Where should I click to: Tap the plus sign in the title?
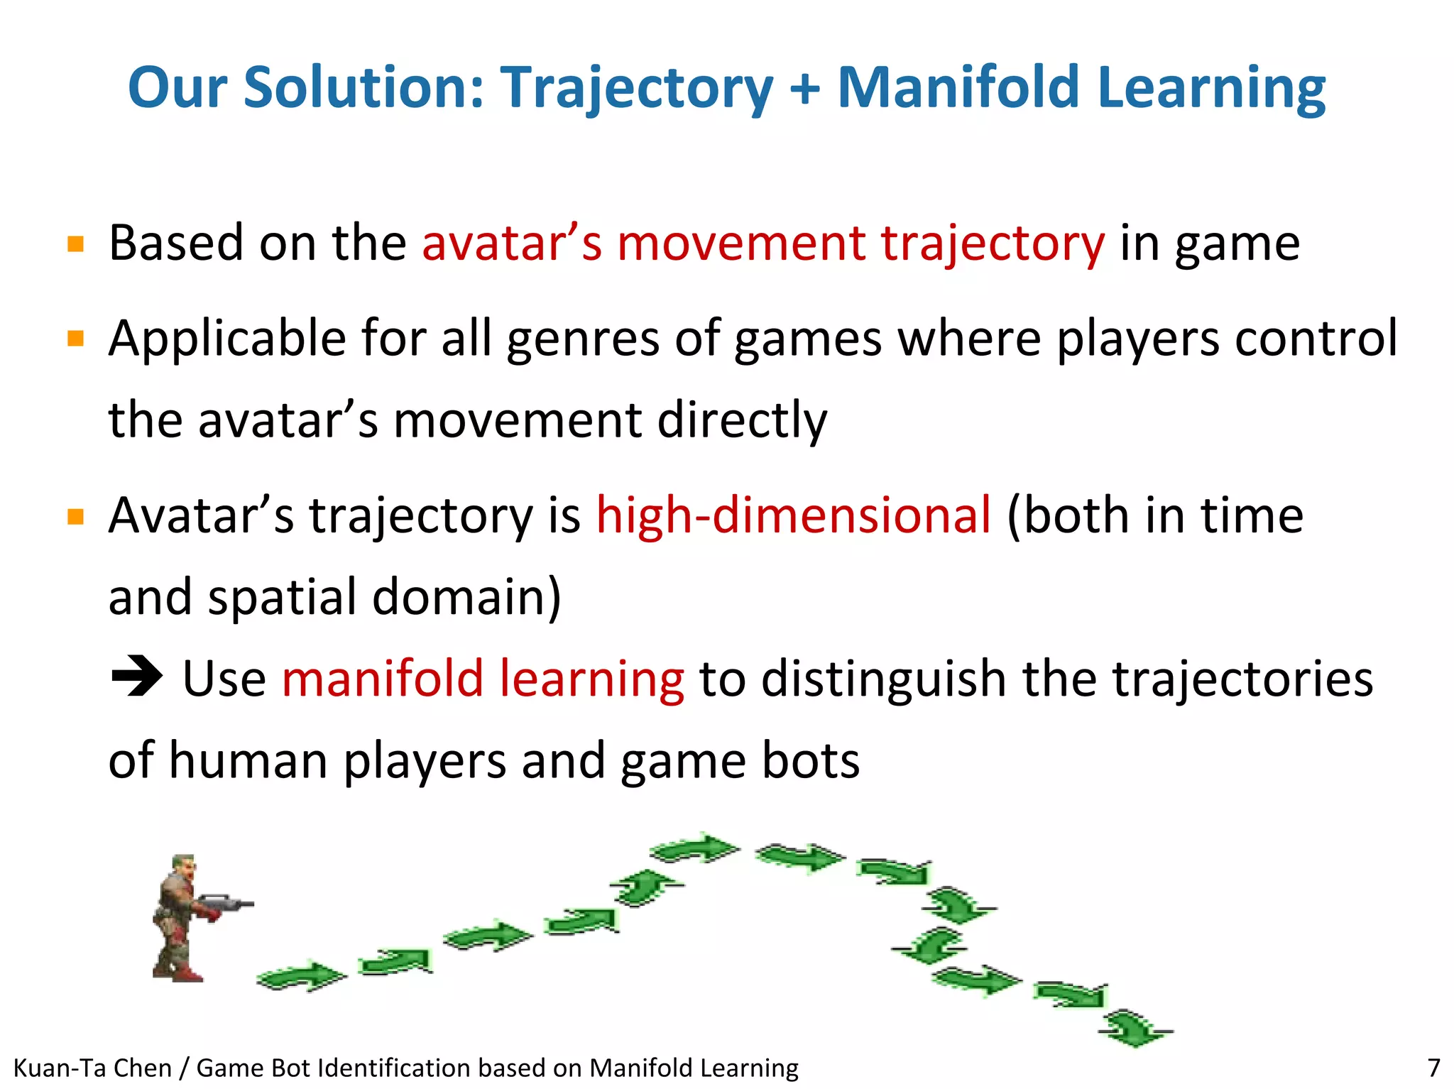804,89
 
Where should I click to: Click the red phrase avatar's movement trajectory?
763,243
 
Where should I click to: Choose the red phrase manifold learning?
483,679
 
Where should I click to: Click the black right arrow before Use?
137,677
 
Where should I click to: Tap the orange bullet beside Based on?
75,244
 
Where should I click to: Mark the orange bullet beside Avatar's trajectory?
75,516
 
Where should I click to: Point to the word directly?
742,420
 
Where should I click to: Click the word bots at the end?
810,760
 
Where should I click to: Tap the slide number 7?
1433,1068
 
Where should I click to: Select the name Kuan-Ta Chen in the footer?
92,1068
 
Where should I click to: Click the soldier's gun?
226,904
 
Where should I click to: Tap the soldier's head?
183,866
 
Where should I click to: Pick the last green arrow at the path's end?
1135,1028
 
